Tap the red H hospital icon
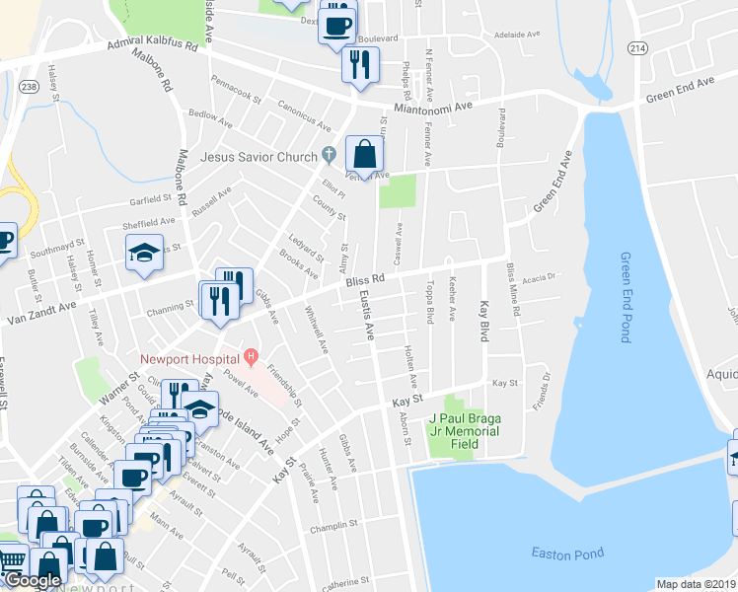(x=251, y=356)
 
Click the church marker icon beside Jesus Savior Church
(x=329, y=155)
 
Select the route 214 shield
(x=637, y=47)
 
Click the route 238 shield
(x=29, y=88)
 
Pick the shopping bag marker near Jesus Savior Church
(x=364, y=155)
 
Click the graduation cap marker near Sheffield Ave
(x=144, y=253)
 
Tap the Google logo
(x=33, y=581)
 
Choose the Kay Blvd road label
(x=484, y=321)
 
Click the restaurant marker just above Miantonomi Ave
(x=357, y=64)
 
